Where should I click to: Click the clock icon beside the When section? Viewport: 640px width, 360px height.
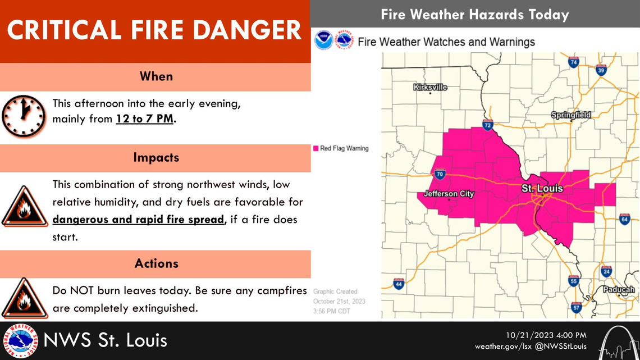pyautogui.click(x=23, y=118)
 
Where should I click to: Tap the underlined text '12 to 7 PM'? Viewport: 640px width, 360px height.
pyautogui.click(x=145, y=119)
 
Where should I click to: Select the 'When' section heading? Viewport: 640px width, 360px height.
pyautogui.click(x=156, y=76)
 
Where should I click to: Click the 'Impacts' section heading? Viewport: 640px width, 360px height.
pyautogui.click(x=156, y=157)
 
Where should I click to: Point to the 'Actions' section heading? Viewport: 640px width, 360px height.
pyautogui.click(x=156, y=263)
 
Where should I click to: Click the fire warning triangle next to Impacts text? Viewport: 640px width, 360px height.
pyautogui.click(x=24, y=207)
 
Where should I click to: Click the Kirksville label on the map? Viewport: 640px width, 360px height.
pyautogui.click(x=430, y=87)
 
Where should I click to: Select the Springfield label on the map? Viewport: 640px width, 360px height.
pyautogui.click(x=571, y=115)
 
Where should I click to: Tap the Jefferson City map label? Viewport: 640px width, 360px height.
pyautogui.click(x=449, y=194)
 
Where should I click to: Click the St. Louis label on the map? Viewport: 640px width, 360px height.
pyautogui.click(x=542, y=188)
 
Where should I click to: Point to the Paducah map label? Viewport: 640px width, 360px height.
pyautogui.click(x=619, y=290)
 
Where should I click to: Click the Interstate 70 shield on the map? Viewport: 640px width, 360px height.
pyautogui.click(x=440, y=175)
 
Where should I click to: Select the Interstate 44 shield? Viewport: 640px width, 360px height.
pyautogui.click(x=399, y=284)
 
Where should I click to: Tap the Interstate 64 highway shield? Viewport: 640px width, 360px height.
pyautogui.click(x=624, y=218)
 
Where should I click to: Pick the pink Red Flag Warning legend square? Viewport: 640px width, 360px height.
pyautogui.click(x=316, y=148)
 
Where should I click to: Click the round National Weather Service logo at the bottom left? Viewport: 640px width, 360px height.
pyautogui.click(x=20, y=341)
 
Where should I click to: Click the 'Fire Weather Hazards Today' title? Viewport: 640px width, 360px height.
pyautogui.click(x=475, y=14)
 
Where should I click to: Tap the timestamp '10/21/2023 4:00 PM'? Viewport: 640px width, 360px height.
pyautogui.click(x=546, y=335)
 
